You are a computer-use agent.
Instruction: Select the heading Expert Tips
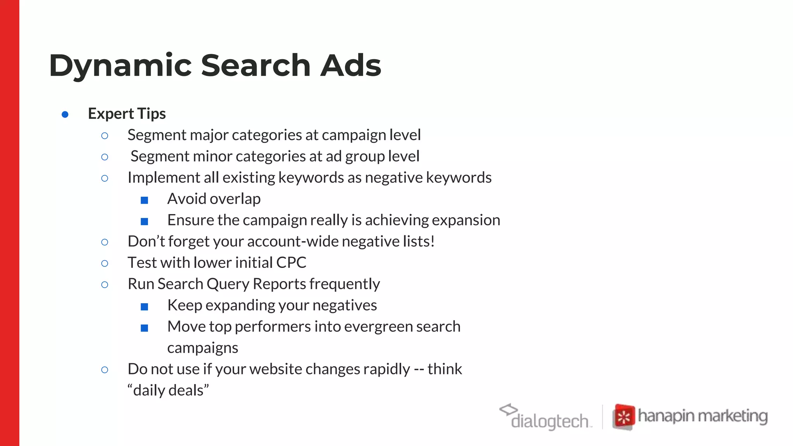(127, 113)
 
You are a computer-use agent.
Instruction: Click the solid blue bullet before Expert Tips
(65, 114)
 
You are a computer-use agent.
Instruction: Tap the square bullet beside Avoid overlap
(144, 200)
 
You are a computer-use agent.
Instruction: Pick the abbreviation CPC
(291, 262)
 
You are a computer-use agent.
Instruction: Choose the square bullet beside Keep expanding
(144, 307)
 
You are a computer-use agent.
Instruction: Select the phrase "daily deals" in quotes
(168, 390)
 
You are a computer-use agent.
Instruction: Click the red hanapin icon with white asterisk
(623, 417)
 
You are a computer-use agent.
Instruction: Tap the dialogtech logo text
(549, 421)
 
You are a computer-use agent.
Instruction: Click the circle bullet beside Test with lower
(105, 263)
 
